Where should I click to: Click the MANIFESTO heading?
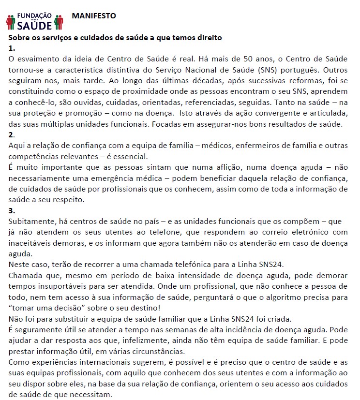[x=94, y=15]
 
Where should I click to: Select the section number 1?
[x=12, y=48]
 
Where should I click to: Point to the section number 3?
[x=12, y=210]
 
